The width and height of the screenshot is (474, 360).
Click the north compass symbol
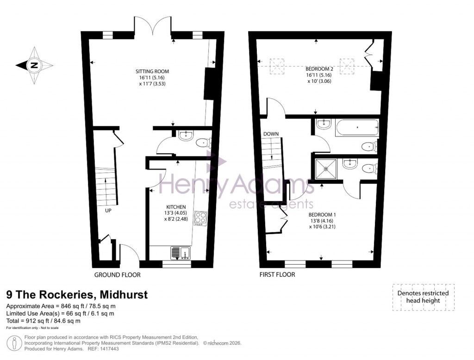[34, 65]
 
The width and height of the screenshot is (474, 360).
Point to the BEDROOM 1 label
[322, 215]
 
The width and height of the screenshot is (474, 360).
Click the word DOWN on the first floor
[271, 134]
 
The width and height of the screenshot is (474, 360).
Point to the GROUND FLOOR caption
[117, 275]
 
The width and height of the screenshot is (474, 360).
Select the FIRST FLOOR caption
[278, 275]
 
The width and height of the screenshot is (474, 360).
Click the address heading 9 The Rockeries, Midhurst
[77, 294]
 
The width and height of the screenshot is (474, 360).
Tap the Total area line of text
[43, 321]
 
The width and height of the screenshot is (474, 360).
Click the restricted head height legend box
[423, 297]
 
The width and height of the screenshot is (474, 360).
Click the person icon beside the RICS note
[15, 343]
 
